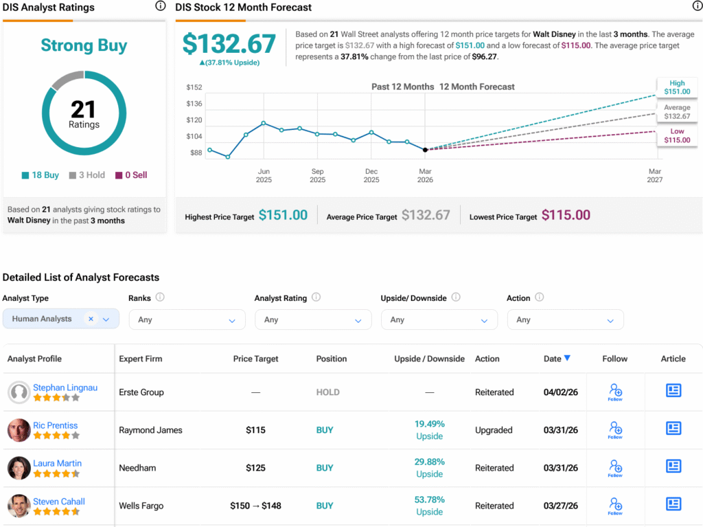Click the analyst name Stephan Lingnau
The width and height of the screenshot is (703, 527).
pyautogui.click(x=65, y=388)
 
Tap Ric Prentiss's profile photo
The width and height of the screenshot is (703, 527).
pyautogui.click(x=19, y=430)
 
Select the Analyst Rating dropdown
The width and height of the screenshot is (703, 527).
pyautogui.click(x=313, y=319)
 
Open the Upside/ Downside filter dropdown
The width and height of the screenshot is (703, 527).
pyautogui.click(x=439, y=319)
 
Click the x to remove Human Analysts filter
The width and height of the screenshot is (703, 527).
pyautogui.click(x=91, y=319)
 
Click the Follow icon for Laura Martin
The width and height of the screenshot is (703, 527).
pyautogui.click(x=615, y=469)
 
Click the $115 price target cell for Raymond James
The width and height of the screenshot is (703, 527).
pyautogui.click(x=256, y=430)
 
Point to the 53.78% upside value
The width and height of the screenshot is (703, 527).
pyautogui.click(x=429, y=500)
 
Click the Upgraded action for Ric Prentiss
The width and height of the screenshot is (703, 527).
pyautogui.click(x=494, y=430)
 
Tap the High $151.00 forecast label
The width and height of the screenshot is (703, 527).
pyautogui.click(x=677, y=87)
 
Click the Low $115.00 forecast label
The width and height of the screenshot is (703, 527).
pyautogui.click(x=677, y=135)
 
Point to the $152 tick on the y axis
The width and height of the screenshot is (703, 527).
pyautogui.click(x=194, y=87)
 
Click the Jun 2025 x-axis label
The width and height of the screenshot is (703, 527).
pyautogui.click(x=264, y=175)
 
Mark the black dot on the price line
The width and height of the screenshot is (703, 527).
pyautogui.click(x=425, y=150)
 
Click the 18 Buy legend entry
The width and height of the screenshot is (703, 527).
pyautogui.click(x=41, y=175)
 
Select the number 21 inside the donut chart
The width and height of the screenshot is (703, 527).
pyautogui.click(x=83, y=109)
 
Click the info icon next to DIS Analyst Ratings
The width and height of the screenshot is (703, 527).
pyautogui.click(x=160, y=6)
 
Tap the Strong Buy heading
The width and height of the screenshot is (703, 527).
pyautogui.click(x=84, y=45)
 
